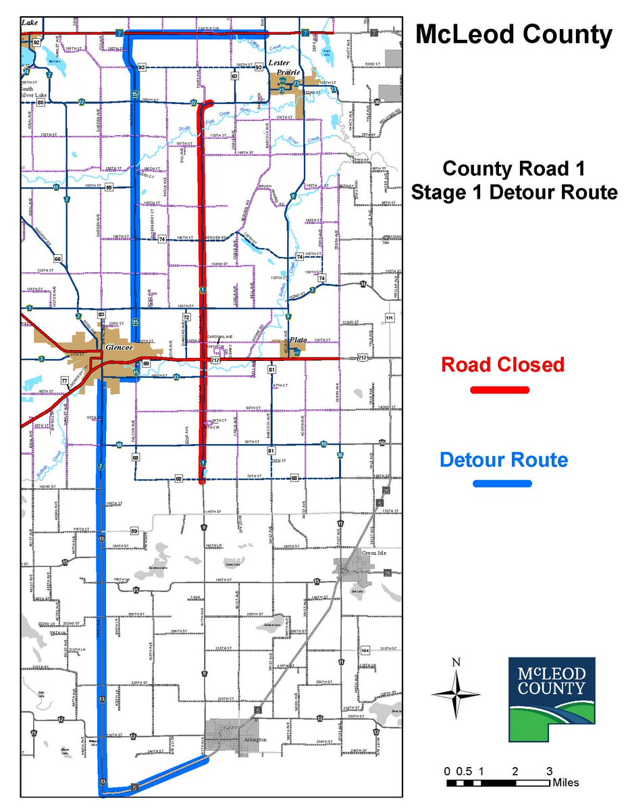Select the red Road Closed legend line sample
500,390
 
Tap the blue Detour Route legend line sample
502,483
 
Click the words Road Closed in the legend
502,365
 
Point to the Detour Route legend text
503,460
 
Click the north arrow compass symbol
456,693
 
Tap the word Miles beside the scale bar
565,783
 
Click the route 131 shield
389,318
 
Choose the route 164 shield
365,650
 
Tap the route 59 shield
134,531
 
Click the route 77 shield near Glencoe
66,380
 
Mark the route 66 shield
58,259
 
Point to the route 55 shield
109,187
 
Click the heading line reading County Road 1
513,168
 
